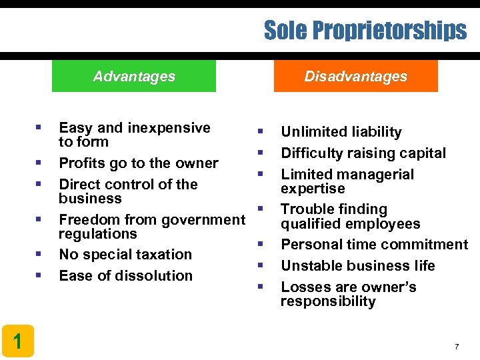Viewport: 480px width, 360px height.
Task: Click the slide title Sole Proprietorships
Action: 365,30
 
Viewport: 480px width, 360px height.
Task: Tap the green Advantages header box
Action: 134,76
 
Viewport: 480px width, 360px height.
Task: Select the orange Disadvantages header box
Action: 355,76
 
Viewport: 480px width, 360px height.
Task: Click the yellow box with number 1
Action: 17,341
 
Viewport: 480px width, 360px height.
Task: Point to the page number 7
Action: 457,347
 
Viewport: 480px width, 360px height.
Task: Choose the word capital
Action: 422,153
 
